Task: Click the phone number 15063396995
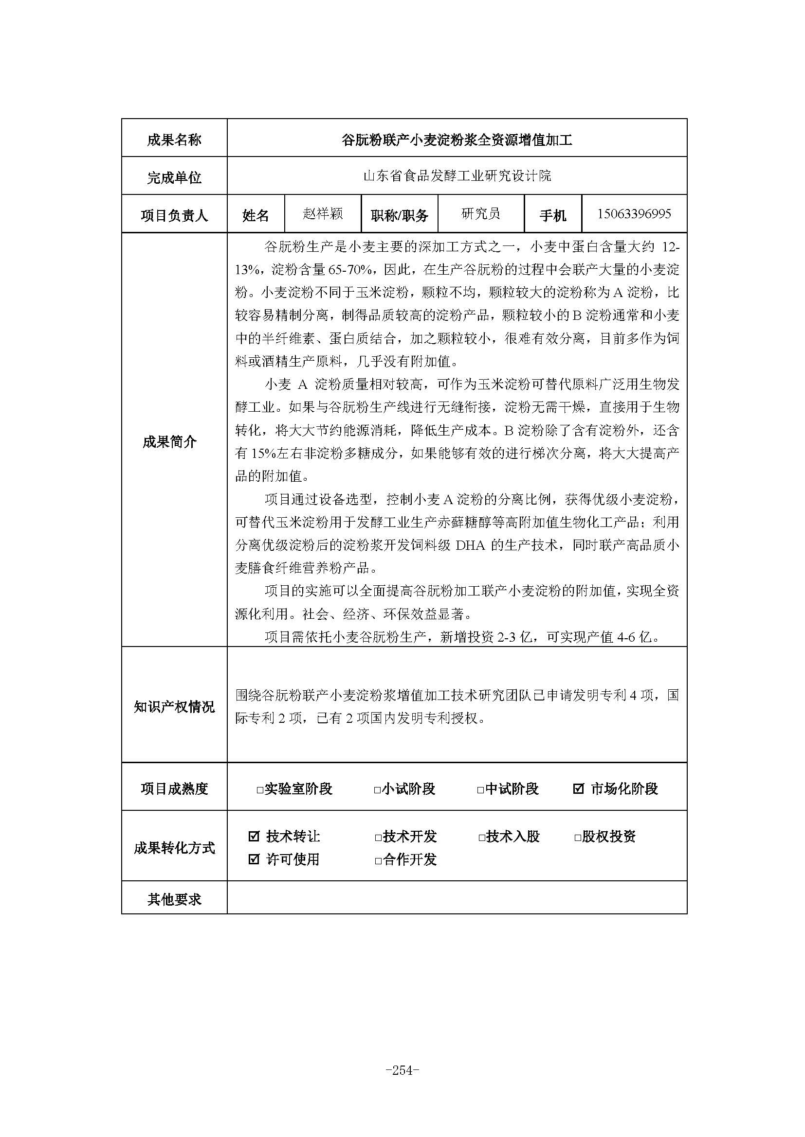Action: [634, 213]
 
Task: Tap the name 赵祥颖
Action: [323, 213]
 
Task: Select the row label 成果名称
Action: [174, 139]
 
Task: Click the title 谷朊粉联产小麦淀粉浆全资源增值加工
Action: [457, 140]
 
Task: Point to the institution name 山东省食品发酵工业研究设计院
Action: [457, 176]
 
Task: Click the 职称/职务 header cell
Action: [400, 215]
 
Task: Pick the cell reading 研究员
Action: [481, 213]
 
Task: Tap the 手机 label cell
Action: [553, 215]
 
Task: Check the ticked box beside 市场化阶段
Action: [578, 788]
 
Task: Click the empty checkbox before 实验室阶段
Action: [260, 790]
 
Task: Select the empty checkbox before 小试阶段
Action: [377, 790]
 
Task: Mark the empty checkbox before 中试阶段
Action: [480, 790]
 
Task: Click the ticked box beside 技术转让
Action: [254, 837]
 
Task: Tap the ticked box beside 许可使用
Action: [254, 858]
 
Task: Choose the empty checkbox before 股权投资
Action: [578, 838]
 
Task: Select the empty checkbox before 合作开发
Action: [378, 861]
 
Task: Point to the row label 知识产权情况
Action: [174, 707]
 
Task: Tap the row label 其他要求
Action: [174, 899]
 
